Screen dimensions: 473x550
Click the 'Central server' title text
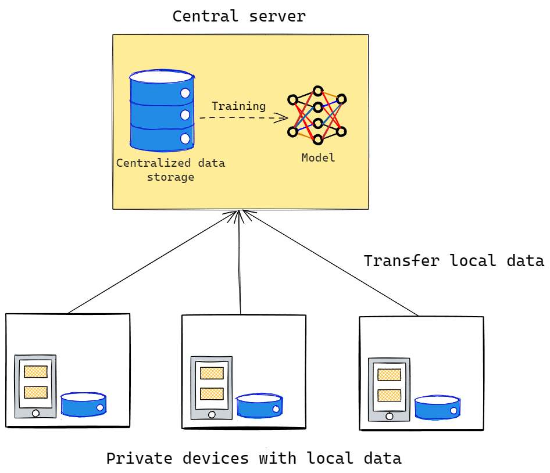238,16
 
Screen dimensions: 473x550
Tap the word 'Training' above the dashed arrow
238,106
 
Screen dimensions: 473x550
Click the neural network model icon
317,115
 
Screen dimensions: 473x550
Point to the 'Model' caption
318,157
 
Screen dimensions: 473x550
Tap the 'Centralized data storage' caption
170,170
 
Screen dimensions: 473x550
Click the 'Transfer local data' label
453,261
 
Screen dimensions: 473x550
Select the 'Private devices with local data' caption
253,458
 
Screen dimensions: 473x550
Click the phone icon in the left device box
35,386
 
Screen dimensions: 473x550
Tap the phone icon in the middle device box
212,388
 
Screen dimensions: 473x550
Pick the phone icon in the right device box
389,389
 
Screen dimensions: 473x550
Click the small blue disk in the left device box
83,404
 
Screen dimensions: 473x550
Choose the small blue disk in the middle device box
260,406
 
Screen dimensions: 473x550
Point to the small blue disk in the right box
437,407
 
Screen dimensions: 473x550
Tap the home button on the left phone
35,413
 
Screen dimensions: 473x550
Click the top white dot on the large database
185,93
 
